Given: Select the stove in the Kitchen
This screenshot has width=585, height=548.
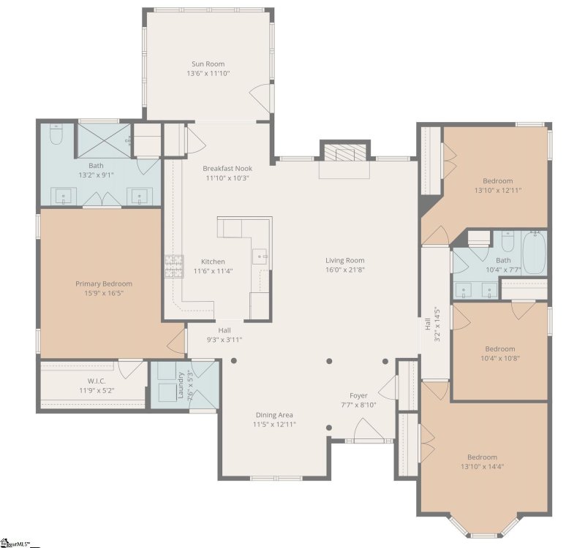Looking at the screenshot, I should coord(173,266).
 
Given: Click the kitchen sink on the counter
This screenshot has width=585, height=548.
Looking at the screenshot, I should coord(260,256).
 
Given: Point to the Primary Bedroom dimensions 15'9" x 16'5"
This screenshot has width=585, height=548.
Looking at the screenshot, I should coord(103,294).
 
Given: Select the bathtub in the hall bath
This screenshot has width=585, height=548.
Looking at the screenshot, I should coord(534,252).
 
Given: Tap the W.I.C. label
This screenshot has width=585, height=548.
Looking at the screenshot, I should coord(97,381).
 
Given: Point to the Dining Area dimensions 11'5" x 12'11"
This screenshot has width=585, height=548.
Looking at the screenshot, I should coord(274,425).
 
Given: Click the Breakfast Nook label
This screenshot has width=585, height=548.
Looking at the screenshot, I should coord(227,168).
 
